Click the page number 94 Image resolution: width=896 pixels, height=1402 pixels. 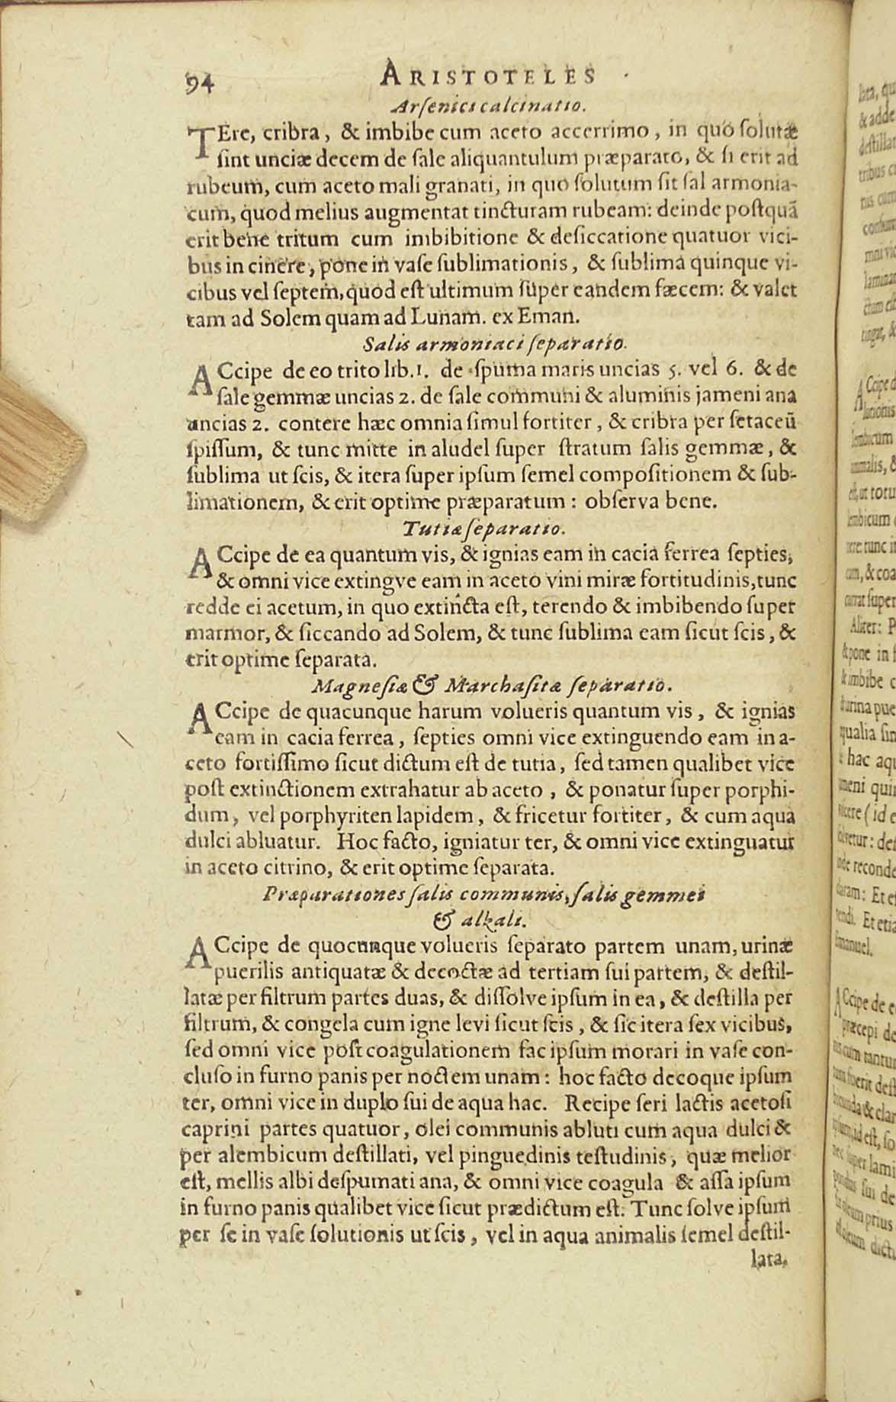pyautogui.click(x=201, y=79)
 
